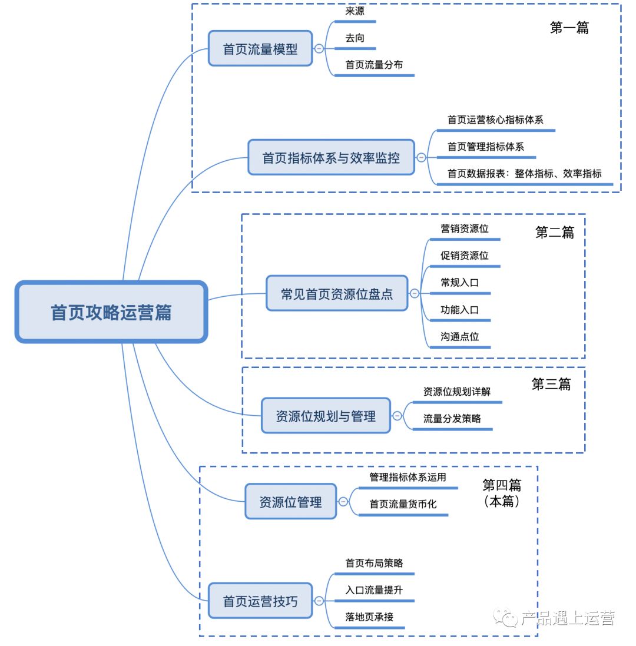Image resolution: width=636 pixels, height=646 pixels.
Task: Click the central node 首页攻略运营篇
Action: point(111,312)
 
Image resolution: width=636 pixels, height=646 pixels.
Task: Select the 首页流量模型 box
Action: point(260,49)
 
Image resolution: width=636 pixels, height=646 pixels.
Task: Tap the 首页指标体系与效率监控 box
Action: point(331,158)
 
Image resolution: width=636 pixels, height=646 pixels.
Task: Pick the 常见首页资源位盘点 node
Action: point(337,293)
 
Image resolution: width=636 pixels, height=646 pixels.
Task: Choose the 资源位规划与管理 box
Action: point(326,416)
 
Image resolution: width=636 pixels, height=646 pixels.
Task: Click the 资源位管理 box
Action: point(290,502)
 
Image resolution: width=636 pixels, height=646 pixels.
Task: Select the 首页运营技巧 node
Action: point(260,601)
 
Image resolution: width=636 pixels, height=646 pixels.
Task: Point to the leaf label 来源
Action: point(355,11)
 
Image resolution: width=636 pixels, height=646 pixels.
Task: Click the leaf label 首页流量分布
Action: point(374,65)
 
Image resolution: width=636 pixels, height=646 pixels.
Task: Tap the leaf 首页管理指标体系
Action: point(485,147)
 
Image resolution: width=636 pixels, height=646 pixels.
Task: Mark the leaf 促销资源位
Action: point(464,256)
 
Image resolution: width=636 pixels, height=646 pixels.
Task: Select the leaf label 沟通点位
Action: point(459,336)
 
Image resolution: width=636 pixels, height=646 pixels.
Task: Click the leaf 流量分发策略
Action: point(452,418)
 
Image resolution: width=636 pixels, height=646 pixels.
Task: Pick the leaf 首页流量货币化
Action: point(403,504)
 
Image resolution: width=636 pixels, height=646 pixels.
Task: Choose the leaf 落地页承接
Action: point(369,617)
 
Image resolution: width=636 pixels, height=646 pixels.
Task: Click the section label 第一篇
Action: point(569,28)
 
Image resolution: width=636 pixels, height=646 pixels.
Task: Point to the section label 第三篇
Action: point(551,385)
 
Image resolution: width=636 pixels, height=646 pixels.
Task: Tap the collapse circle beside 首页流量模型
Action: point(319,49)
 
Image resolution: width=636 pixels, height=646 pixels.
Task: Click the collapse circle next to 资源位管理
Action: point(343,502)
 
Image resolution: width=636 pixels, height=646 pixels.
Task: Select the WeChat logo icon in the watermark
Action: point(506,618)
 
